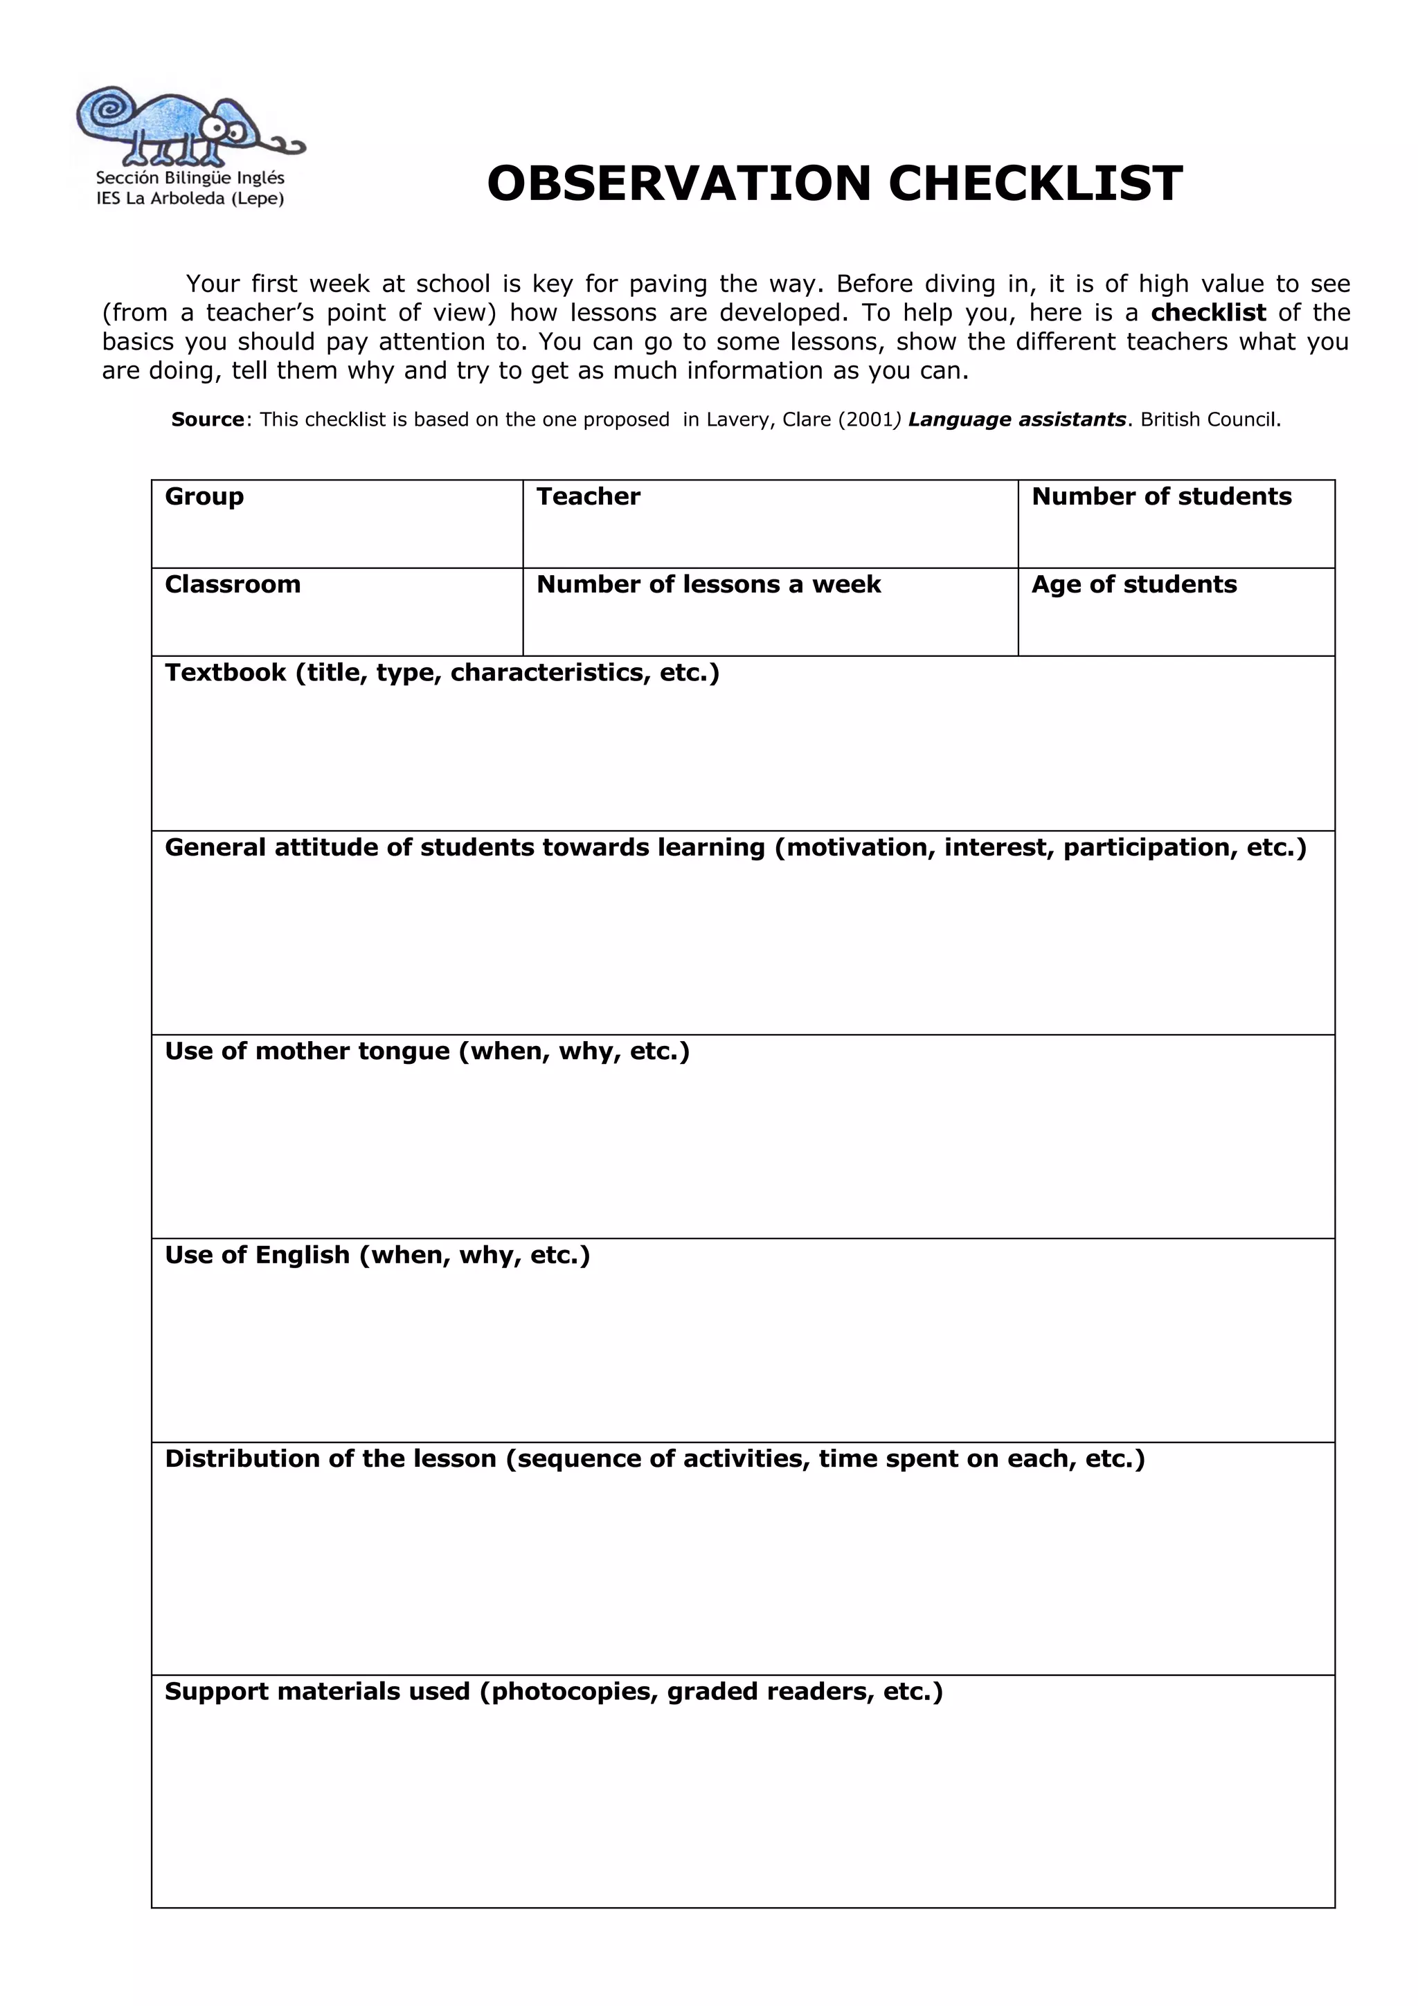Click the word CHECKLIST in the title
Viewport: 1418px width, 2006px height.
coord(1035,183)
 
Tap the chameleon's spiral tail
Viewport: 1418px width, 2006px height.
coord(107,109)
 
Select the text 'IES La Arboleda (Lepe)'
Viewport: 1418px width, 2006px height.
coord(190,199)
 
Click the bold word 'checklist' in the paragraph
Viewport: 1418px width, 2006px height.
coord(1208,313)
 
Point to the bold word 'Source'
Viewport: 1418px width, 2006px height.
coord(207,419)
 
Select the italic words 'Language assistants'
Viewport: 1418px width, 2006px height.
coord(1017,419)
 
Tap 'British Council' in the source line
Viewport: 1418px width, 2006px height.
coord(1208,419)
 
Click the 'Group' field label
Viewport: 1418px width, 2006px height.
coord(204,497)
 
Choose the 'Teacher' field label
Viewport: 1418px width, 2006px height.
coord(588,496)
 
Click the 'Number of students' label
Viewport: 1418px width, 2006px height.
coord(1161,496)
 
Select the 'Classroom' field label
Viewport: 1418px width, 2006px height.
coord(233,584)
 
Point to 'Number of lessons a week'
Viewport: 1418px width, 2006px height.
coord(708,584)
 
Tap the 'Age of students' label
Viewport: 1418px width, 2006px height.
coord(1134,584)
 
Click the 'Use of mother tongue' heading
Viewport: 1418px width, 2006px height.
coord(307,1051)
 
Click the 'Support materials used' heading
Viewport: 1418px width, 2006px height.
coord(317,1692)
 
